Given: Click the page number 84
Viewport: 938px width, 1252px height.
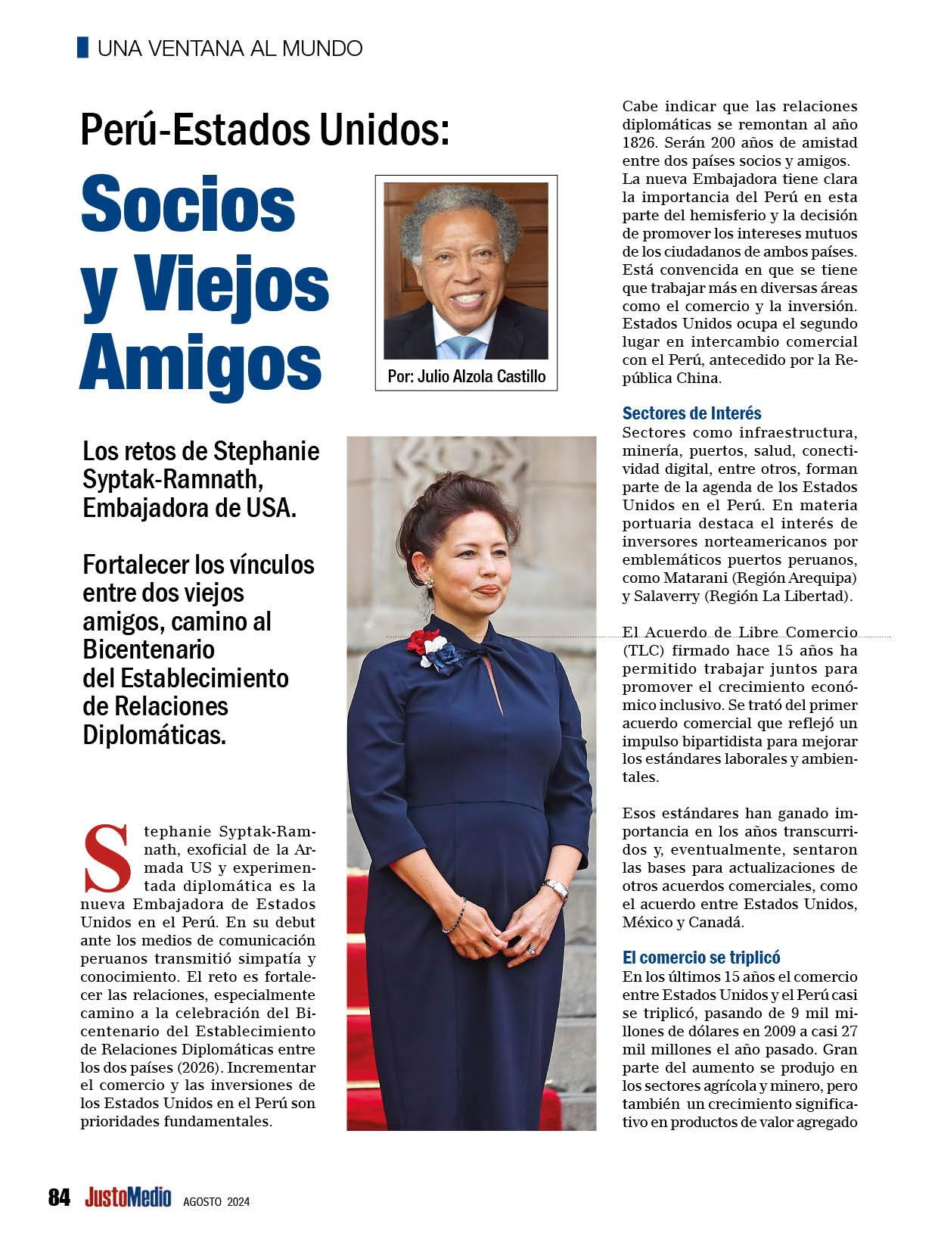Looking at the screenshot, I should (59, 1197).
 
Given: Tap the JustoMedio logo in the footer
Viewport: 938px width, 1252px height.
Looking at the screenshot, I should (129, 1197).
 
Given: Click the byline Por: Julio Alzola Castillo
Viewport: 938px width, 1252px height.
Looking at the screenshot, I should (466, 376).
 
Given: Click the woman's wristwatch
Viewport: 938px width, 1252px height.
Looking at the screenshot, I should (556, 889).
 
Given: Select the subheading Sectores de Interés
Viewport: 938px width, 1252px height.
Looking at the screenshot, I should (691, 413).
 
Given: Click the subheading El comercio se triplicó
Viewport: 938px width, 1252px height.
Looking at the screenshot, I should (701, 957).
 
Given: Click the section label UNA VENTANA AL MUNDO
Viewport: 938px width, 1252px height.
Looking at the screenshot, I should (230, 48).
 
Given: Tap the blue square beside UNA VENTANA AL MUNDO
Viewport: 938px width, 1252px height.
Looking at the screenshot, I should (83, 48).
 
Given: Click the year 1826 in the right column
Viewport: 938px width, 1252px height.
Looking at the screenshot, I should (638, 142).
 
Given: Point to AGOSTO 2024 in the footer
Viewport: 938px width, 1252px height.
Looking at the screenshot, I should (216, 1201).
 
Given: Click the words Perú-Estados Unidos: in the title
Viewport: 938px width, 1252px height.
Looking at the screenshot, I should (266, 130).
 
